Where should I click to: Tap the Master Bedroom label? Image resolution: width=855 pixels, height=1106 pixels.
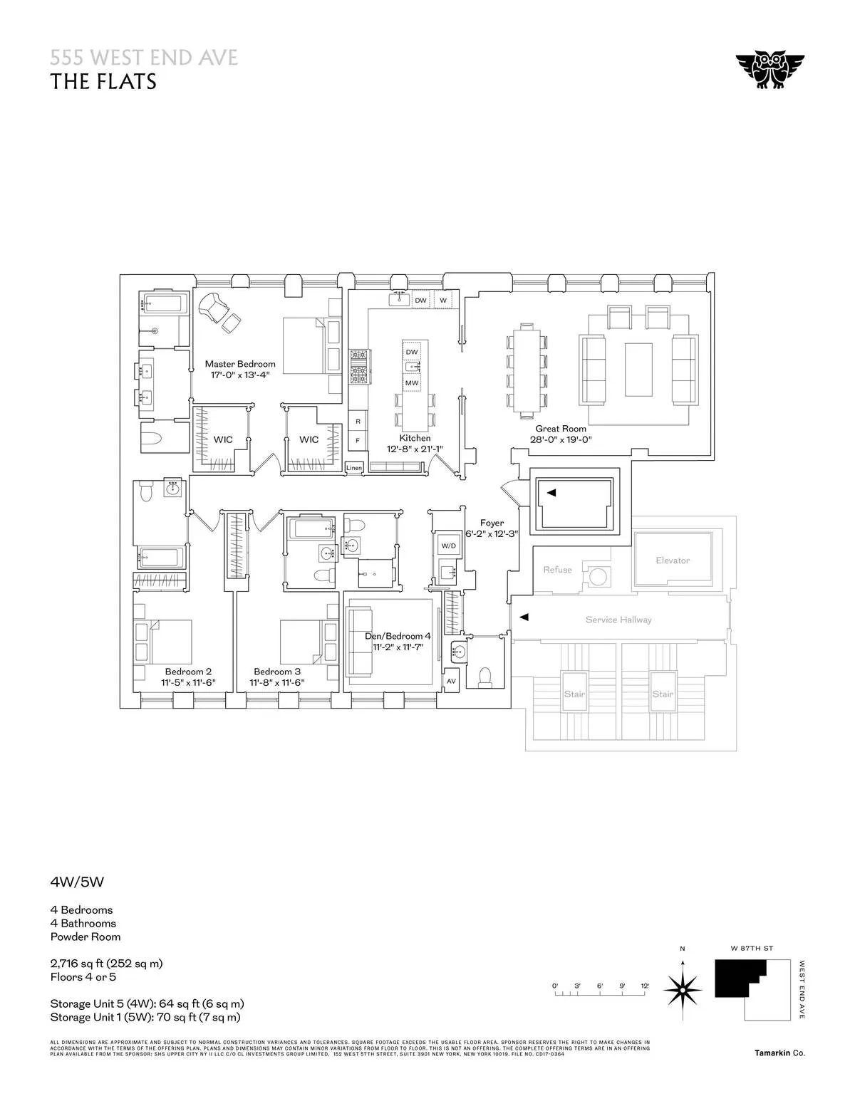[240, 364]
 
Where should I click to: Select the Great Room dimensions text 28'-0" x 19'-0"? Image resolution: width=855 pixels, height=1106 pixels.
[561, 439]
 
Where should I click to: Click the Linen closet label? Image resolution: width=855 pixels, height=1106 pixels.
[354, 468]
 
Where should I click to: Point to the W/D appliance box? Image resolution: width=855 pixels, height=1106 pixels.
[449, 546]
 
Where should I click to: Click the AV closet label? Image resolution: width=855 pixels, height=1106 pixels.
[451, 681]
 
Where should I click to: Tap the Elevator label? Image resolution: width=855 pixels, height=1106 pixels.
[673, 560]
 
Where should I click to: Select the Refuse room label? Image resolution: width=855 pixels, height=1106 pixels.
[557, 570]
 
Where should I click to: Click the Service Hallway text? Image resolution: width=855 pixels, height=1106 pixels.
[618, 620]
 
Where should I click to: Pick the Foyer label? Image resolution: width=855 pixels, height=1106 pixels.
[492, 523]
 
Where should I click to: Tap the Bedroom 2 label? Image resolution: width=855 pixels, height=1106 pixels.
[188, 672]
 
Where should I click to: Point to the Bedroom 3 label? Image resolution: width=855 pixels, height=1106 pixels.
[277, 672]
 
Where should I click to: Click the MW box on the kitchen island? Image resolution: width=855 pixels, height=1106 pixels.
[412, 383]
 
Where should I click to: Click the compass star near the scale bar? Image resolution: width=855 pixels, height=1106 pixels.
[683, 990]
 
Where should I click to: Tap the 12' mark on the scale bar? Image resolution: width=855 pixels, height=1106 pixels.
[645, 986]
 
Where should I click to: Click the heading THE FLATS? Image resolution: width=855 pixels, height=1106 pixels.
[103, 82]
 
